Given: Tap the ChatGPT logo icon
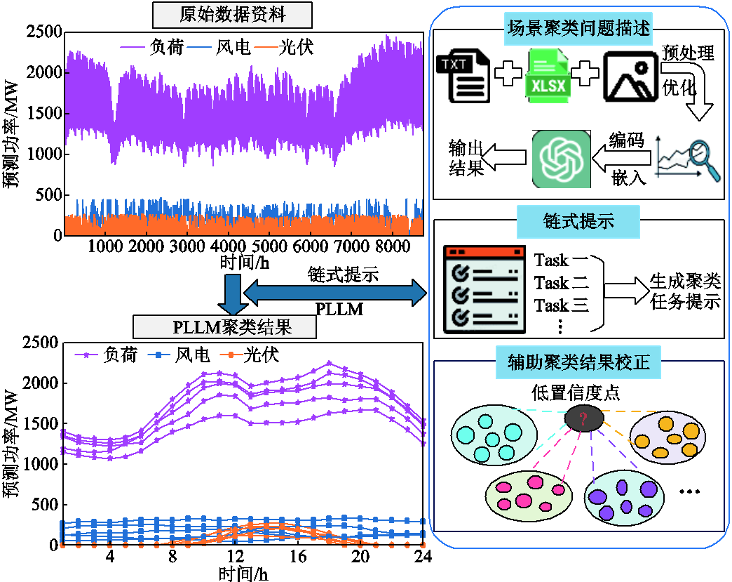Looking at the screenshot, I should pos(561,159).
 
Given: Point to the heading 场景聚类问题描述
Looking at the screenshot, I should pos(578,30).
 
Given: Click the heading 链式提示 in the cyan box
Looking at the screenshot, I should pos(578,221).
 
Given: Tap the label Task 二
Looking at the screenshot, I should pos(561,283).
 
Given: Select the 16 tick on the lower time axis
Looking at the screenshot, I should pos(297,556).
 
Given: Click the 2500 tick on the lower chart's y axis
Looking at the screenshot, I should pos(41,343).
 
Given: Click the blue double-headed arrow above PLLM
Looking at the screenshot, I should pos(335,292).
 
